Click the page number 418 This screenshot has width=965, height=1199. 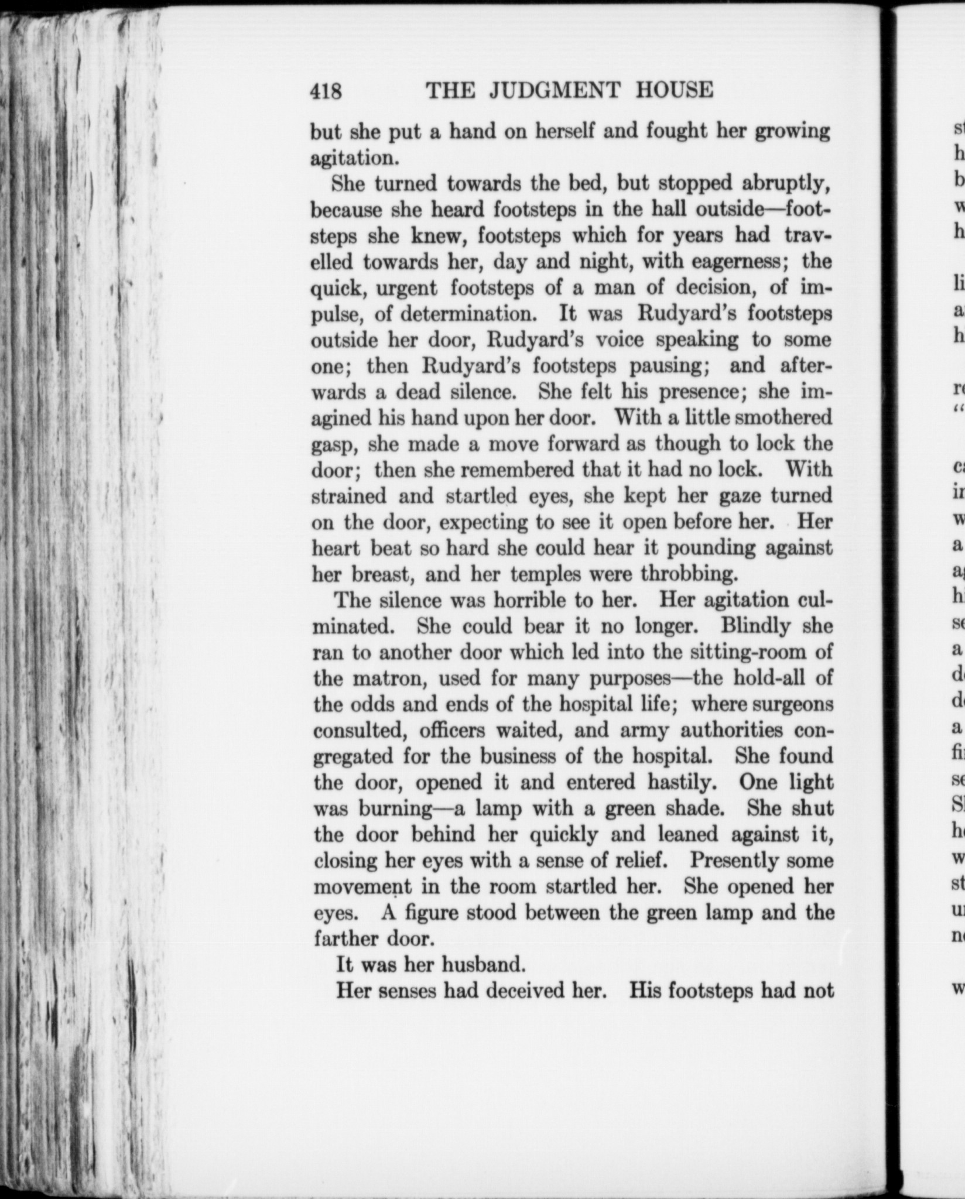pos(326,91)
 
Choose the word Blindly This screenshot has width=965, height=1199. pos(752,626)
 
